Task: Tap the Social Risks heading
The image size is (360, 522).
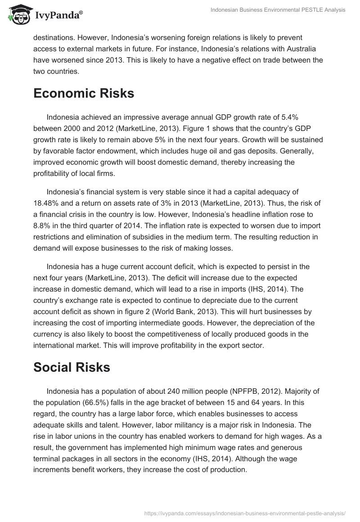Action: (72, 367)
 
